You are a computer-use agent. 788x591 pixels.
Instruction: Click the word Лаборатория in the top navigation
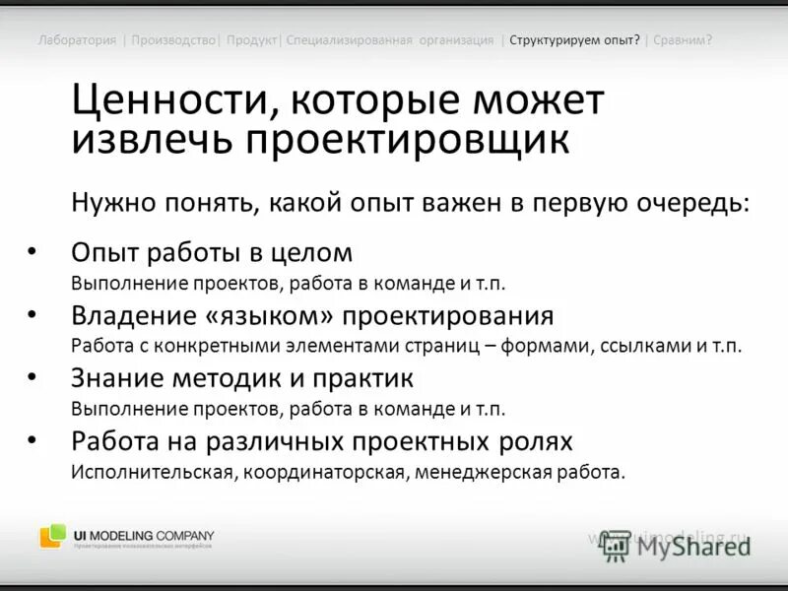[77, 40]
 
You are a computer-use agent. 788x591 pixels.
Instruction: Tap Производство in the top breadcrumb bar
[172, 40]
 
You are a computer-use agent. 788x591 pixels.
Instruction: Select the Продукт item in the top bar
[251, 40]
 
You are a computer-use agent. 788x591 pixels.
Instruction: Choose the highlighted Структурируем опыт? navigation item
[574, 40]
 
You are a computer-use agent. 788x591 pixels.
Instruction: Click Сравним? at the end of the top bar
[682, 40]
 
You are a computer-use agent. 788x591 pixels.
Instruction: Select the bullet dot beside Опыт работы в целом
[33, 251]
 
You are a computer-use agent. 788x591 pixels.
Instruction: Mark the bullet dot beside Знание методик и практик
[33, 376]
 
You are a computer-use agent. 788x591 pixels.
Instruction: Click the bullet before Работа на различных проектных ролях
[33, 439]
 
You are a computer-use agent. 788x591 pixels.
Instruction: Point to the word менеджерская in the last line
[477, 471]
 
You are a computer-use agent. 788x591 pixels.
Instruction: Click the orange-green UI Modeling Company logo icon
[53, 536]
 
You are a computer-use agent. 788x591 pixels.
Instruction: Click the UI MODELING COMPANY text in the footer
[144, 535]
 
